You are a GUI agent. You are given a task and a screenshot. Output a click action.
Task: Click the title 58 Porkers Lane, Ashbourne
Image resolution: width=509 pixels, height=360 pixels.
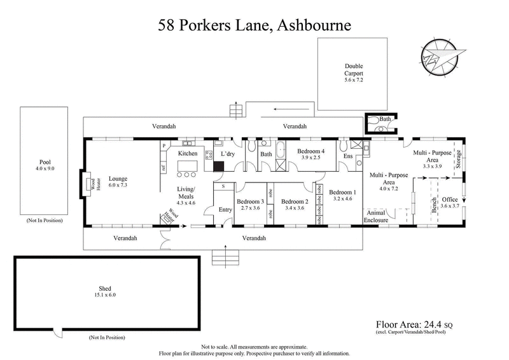254,25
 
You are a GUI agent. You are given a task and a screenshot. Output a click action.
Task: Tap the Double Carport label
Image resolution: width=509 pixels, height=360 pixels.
354,69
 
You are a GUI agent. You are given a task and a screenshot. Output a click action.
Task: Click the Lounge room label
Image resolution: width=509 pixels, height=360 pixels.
119,179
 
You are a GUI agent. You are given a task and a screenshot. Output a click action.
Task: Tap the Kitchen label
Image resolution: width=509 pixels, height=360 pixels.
188,154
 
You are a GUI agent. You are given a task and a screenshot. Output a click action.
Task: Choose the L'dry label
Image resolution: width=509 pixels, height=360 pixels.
227,154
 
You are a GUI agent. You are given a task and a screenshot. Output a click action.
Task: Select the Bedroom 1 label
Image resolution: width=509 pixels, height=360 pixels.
343,192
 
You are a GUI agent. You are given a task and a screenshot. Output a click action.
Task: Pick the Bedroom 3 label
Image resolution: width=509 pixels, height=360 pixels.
250,202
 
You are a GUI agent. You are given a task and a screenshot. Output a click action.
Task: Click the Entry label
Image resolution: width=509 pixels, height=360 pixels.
225,210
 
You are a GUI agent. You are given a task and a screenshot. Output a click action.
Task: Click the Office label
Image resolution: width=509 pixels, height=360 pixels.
450,200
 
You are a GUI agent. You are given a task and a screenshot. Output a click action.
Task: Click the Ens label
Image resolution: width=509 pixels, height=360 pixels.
348,155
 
